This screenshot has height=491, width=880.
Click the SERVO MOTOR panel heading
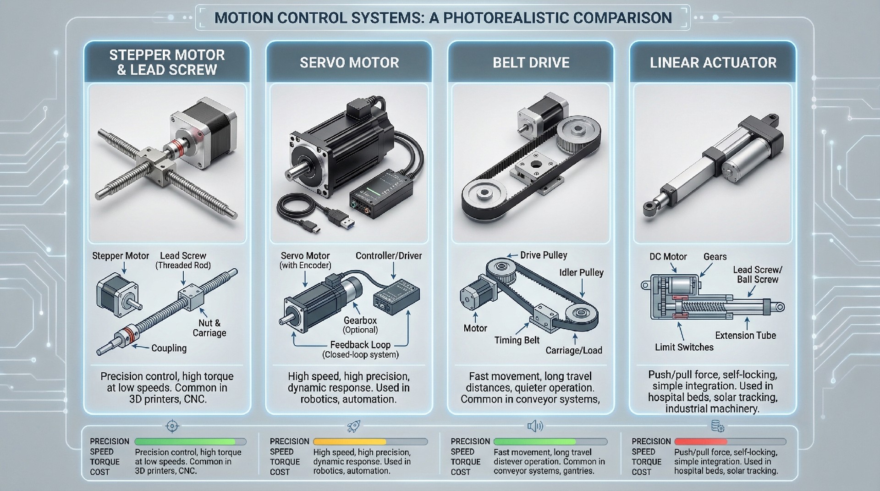pyautogui.click(x=349, y=62)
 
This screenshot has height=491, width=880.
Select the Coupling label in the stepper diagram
pyautogui.click(x=169, y=348)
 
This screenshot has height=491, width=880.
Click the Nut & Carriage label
pyautogui.click(x=209, y=328)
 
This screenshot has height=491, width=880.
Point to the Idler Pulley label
pyautogui.click(x=581, y=272)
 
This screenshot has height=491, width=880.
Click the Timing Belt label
pyautogui.click(x=517, y=340)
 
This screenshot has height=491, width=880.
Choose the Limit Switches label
pyautogui.click(x=684, y=347)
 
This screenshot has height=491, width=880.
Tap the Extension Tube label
pyautogui.click(x=745, y=335)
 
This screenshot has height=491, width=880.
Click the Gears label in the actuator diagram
pyautogui.click(x=715, y=257)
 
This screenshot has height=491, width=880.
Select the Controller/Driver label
pyautogui.click(x=389, y=256)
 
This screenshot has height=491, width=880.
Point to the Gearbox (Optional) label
pyautogui.click(x=360, y=325)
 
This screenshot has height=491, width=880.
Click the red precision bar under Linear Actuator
pyautogui.click(x=700, y=441)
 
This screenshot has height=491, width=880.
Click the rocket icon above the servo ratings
pyautogui.click(x=353, y=427)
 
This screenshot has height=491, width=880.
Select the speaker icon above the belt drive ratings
pyautogui.click(x=534, y=426)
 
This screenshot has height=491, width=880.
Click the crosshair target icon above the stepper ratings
pyautogui.click(x=172, y=426)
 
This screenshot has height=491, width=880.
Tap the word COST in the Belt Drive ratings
pyautogui.click(x=460, y=472)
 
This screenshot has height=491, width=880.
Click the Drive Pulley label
pyautogui.click(x=543, y=255)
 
